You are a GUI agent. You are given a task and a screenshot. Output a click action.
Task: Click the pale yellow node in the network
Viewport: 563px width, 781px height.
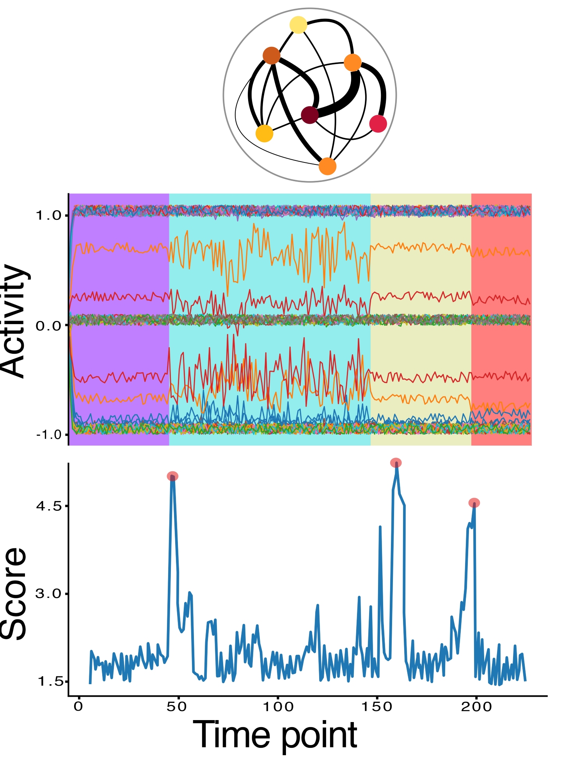click(x=298, y=25)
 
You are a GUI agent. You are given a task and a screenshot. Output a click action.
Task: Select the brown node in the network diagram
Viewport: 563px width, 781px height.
click(x=272, y=55)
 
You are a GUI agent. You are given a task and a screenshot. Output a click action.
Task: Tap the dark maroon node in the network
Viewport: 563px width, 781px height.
click(x=310, y=115)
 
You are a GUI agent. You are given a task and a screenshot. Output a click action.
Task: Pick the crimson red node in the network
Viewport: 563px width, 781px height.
click(x=378, y=124)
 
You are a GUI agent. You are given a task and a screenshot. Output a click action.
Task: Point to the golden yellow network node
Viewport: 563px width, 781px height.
click(x=264, y=134)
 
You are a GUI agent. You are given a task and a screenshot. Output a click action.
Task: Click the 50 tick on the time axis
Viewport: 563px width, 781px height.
click(x=177, y=706)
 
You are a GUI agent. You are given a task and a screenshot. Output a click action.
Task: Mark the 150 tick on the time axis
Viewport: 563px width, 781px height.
click(x=377, y=706)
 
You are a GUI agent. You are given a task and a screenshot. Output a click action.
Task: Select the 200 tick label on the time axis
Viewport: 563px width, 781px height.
click(x=476, y=706)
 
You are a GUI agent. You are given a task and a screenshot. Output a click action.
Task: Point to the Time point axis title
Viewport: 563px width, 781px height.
click(x=275, y=735)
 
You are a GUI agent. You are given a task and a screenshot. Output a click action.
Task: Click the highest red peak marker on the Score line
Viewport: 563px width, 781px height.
click(x=396, y=463)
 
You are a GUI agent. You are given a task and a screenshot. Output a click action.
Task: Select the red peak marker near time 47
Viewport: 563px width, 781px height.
click(x=172, y=476)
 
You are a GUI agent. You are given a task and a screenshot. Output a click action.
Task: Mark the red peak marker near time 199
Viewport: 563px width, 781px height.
click(x=474, y=503)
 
